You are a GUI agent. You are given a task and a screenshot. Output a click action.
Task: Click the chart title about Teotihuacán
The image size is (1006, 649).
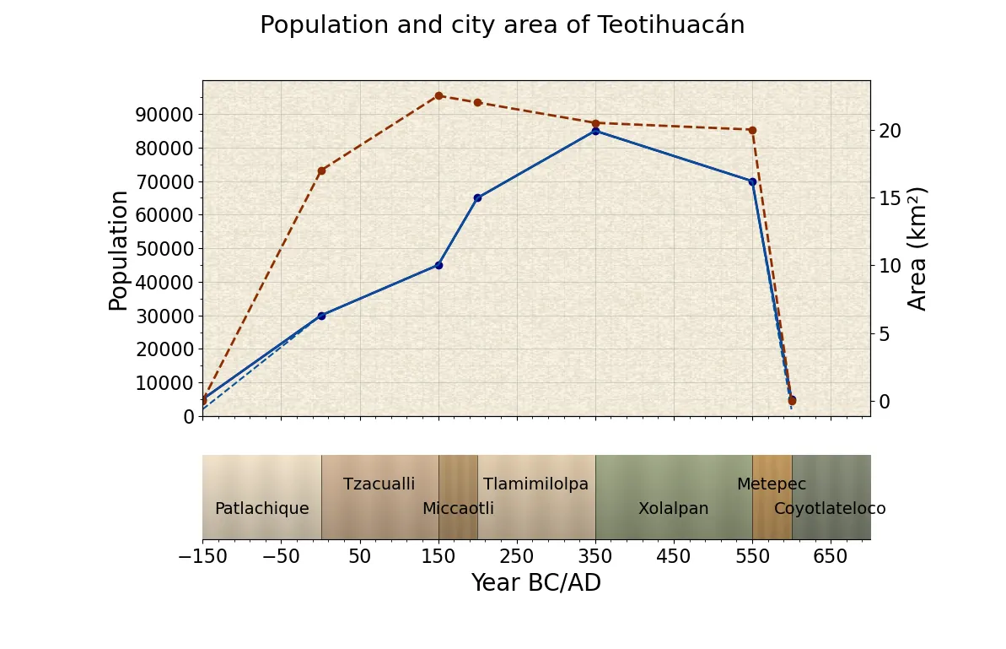pyautogui.click(x=503, y=25)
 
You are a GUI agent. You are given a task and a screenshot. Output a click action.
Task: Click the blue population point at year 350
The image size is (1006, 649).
pyautogui.click(x=595, y=131)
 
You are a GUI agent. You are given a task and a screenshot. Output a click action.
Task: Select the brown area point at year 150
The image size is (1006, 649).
pyautogui.click(x=438, y=95)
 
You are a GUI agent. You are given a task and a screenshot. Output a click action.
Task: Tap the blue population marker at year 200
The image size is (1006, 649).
pyautogui.click(x=477, y=197)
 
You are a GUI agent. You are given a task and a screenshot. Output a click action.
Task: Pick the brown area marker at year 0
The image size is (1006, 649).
pyautogui.click(x=321, y=170)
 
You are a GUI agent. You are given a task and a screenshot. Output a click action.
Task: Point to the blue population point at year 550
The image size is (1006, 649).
pyautogui.click(x=752, y=181)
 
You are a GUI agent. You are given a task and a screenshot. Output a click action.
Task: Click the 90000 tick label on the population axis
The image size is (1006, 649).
pyautogui.click(x=164, y=115)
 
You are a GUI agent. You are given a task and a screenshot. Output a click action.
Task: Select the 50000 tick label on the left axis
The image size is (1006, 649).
pyautogui.click(x=164, y=249)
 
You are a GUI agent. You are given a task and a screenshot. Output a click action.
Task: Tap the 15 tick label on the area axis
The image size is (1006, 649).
pyautogui.click(x=890, y=198)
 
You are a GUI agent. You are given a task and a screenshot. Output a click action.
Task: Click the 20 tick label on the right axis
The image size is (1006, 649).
pyautogui.click(x=890, y=131)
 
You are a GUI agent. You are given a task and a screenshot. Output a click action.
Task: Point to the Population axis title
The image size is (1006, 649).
pyautogui.click(x=119, y=251)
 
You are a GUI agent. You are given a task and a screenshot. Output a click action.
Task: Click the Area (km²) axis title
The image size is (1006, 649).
pyautogui.click(x=917, y=249)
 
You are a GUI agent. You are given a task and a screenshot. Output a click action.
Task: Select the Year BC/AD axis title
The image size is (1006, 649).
pyautogui.click(x=536, y=582)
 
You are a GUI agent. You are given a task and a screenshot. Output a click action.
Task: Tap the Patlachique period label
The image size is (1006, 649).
pyautogui.click(x=261, y=508)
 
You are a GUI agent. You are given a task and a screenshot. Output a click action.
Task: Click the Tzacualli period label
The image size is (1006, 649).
pyautogui.click(x=379, y=484)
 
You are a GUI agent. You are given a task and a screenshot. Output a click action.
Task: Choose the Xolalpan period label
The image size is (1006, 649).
pyautogui.click(x=674, y=508)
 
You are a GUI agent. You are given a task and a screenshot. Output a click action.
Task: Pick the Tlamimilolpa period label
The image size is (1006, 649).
pyautogui.click(x=535, y=484)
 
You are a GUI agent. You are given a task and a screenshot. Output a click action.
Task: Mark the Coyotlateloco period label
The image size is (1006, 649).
pyautogui.click(x=830, y=508)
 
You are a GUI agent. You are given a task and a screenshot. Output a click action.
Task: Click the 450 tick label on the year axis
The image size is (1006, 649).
pyautogui.click(x=674, y=556)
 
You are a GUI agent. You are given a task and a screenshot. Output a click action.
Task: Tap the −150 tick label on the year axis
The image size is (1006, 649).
pyautogui.click(x=202, y=556)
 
